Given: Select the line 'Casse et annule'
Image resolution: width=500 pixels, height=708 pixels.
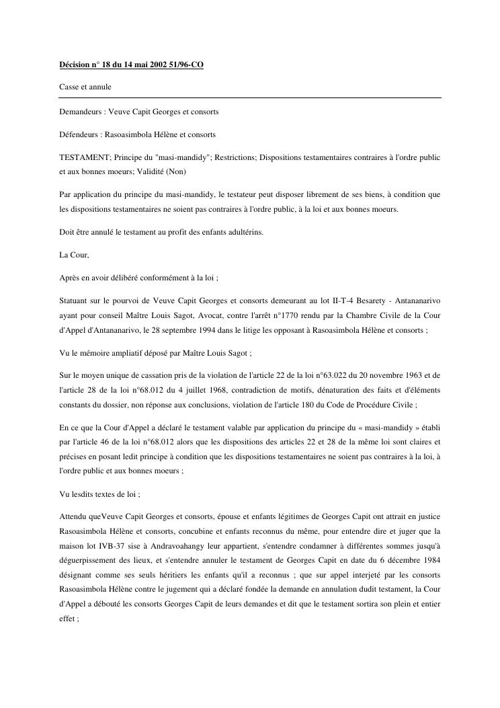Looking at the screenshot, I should pos(84,87).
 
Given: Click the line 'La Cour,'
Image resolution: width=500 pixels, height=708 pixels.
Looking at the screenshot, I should pos(74,255).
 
